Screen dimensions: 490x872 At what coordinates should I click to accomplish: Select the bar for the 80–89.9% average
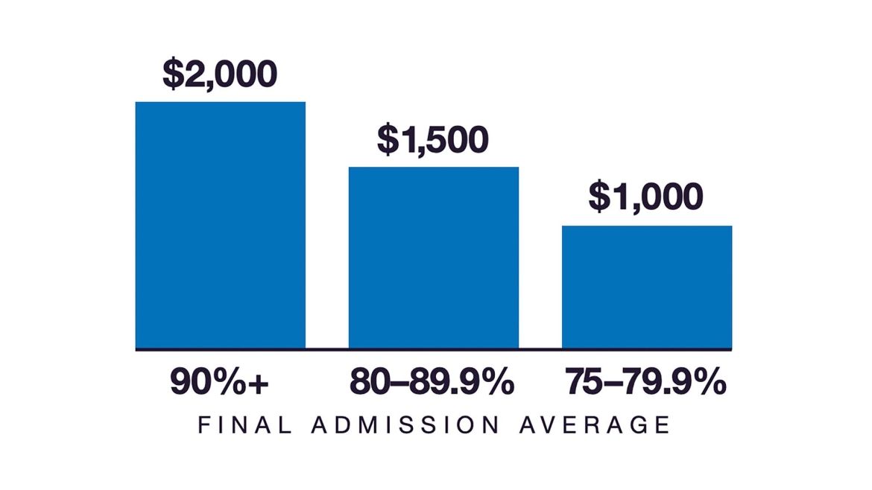434,257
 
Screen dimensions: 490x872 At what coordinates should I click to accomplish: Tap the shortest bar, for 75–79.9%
647,287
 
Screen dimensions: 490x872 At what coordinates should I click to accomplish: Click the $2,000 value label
220,74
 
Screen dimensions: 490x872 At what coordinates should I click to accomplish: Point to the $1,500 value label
433,139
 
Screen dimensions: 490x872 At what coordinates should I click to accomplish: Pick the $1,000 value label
645,197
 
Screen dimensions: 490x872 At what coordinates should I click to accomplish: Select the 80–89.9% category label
432,383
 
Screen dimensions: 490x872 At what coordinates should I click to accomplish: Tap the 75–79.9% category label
645,383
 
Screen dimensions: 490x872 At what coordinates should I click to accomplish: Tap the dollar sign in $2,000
172,74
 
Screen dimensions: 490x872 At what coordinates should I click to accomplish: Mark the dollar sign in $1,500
387,139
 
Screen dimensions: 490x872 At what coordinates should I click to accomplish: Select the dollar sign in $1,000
598,197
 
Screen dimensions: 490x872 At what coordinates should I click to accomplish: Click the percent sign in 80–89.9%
497,383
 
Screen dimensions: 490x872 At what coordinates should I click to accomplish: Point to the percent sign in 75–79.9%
710,383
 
